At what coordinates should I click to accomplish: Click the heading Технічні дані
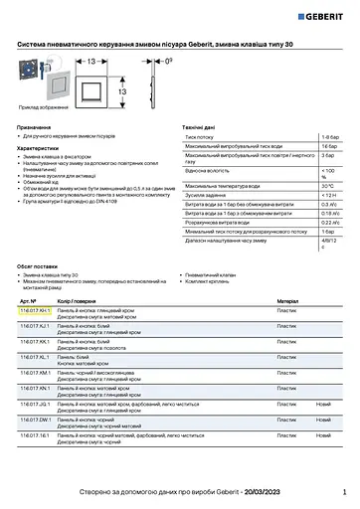coord(202,128)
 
